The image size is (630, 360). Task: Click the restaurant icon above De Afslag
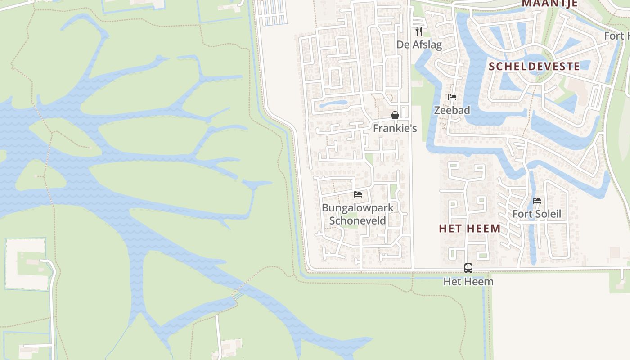coord(419,31)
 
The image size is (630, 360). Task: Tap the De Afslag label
coord(419,45)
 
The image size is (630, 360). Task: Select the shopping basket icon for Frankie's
coord(395,115)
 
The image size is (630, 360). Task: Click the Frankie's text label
coord(395,128)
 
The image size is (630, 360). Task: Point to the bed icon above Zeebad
coord(452,97)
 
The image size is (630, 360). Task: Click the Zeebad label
coord(452,110)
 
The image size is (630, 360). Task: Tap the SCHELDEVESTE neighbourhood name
coord(534,66)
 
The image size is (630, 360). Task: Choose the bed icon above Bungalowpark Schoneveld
coord(358,194)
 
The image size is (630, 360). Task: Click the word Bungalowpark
coord(358,208)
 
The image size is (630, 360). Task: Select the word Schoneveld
coord(358,220)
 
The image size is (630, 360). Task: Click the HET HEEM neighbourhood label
coord(470,228)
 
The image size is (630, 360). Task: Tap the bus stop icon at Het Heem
coord(468,268)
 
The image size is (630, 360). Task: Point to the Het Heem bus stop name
coord(468,282)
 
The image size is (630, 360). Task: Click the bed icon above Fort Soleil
coord(537,201)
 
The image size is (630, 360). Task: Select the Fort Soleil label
coord(537,214)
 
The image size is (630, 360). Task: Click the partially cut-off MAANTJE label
coord(549,4)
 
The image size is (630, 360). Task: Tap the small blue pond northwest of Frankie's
coord(333,104)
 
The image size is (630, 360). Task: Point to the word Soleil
coord(548,214)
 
